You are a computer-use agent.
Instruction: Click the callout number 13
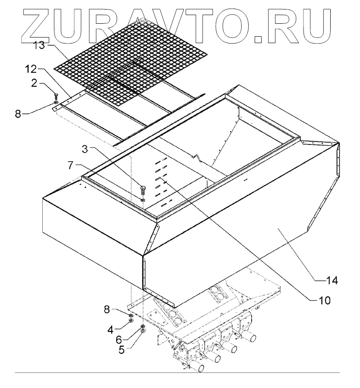coord(39,46)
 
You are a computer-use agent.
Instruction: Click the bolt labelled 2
coord(56,96)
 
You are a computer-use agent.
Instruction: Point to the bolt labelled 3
coord(143,189)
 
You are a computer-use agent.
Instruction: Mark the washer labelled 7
coord(143,199)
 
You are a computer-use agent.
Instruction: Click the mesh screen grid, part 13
coord(129,60)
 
